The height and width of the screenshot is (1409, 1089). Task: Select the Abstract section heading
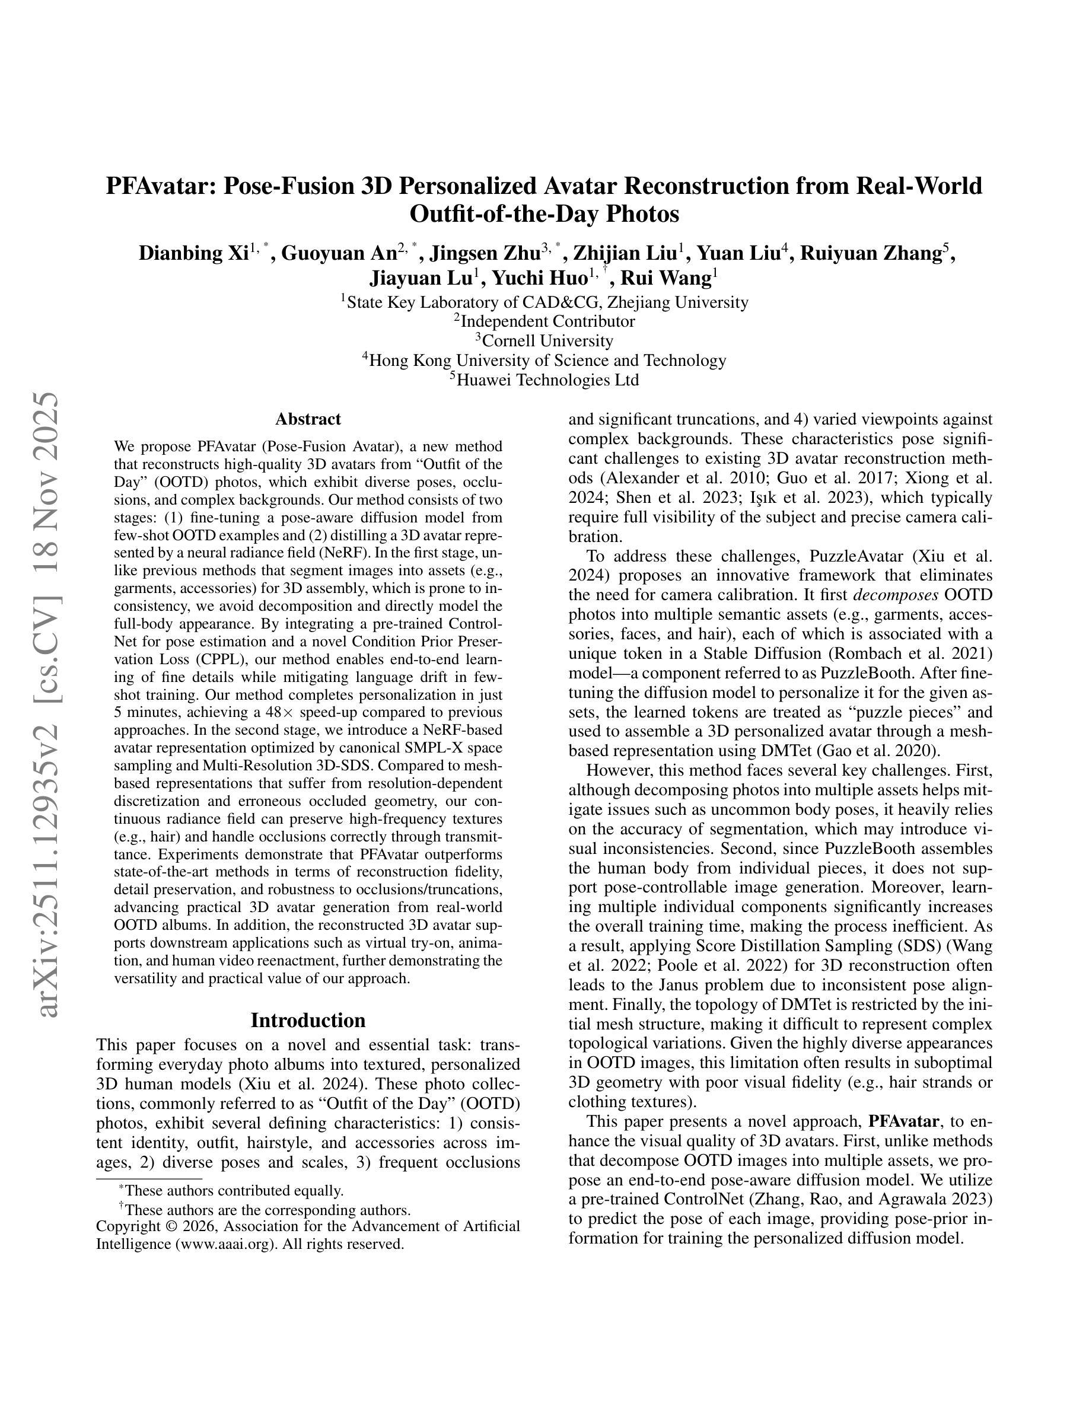(x=308, y=419)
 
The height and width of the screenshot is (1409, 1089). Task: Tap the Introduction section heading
(x=308, y=1020)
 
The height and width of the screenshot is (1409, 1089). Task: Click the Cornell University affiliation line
(x=546, y=340)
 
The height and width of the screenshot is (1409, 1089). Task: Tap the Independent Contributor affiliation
(x=546, y=321)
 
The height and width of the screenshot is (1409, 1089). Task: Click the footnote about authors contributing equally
(x=234, y=1191)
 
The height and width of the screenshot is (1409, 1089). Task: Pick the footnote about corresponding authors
(x=266, y=1210)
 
